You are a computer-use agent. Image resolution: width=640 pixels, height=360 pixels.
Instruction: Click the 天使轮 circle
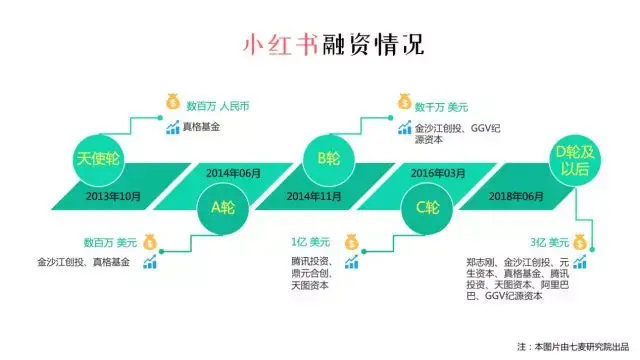98,158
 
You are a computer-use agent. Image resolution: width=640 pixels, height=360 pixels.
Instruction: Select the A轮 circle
223,208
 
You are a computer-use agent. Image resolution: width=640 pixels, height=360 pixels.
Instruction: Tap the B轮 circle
329,158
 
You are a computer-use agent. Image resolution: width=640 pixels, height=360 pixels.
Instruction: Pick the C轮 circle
427,208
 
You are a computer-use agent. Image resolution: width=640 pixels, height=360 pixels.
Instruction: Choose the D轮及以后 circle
575,160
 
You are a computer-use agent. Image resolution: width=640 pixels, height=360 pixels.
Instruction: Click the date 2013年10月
113,197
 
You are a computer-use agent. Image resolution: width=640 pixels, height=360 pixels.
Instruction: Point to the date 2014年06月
233,173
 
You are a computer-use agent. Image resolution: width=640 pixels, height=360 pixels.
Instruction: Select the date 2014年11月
314,197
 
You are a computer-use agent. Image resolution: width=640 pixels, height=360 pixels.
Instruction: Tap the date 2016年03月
438,173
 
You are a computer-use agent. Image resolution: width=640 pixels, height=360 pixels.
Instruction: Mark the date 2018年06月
516,197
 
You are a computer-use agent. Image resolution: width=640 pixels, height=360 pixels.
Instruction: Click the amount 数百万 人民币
218,107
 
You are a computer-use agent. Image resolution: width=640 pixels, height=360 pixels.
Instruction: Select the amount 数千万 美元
441,107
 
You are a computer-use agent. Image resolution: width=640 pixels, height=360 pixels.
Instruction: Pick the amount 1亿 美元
310,242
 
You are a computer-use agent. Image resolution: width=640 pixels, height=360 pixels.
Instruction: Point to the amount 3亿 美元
549,243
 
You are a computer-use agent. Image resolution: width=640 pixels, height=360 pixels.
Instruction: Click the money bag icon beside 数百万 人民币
173,102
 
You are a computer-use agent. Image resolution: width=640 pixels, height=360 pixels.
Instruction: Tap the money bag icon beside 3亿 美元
580,242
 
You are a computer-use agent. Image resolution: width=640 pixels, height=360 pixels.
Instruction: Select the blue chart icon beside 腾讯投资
351,262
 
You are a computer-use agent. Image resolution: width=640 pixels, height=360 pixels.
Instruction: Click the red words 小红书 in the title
280,44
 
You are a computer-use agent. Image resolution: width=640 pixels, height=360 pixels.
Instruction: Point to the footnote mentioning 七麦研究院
573,347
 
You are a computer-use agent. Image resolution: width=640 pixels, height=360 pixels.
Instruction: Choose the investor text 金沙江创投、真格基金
84,262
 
